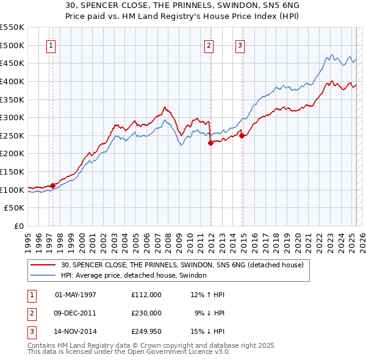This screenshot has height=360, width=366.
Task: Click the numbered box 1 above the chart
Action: pyautogui.click(x=51, y=45)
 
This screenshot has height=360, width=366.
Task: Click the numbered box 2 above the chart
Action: pyautogui.click(x=209, y=45)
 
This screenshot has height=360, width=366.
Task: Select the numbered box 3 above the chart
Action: pyautogui.click(x=240, y=45)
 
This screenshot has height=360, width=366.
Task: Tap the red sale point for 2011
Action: pyautogui.click(x=210, y=143)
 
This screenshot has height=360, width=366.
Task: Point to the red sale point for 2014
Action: pyautogui.click(x=242, y=135)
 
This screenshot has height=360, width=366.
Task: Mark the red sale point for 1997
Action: pyautogui.click(x=53, y=185)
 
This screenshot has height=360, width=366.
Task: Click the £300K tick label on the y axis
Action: pyautogui.click(x=12, y=117)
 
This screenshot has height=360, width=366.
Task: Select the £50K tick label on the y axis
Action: pyautogui.click(x=15, y=208)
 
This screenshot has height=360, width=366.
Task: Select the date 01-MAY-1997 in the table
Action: pyautogui.click(x=76, y=295)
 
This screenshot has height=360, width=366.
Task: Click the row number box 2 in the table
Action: pyautogui.click(x=31, y=312)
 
